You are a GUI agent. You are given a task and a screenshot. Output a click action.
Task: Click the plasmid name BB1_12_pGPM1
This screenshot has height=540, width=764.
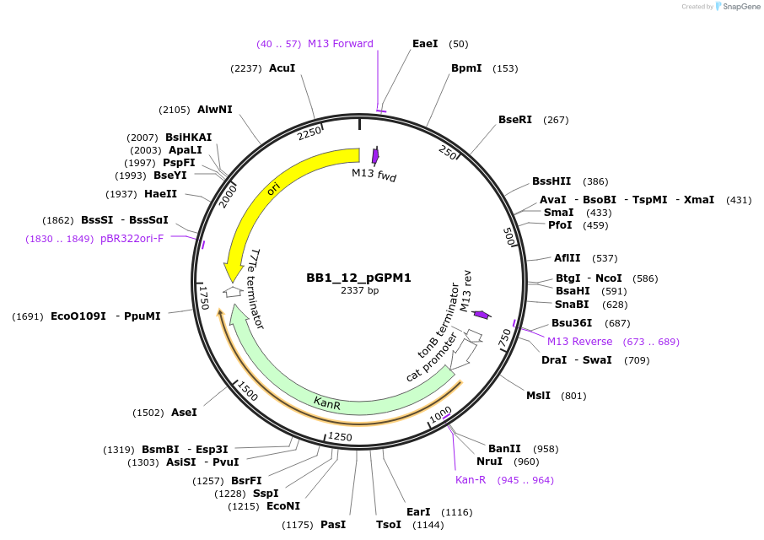click(x=358, y=278)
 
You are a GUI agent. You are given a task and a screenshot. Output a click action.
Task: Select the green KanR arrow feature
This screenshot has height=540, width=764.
click(x=328, y=402)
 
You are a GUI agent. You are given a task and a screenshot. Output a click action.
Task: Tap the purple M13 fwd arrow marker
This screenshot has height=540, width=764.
click(x=375, y=155)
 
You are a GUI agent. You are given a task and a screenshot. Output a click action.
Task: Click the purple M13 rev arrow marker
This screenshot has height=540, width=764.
click(x=481, y=315)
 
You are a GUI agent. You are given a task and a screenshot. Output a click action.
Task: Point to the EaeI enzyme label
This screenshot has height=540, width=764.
click(x=425, y=44)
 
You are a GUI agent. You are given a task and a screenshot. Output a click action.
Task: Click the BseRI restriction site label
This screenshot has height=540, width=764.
click(x=515, y=120)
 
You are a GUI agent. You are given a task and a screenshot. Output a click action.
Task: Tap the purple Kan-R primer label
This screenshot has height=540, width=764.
click(x=471, y=480)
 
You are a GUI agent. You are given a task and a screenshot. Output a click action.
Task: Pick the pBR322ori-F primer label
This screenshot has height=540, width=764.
click(x=133, y=239)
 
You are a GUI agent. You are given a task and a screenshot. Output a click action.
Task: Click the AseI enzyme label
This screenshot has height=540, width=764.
click(x=184, y=413)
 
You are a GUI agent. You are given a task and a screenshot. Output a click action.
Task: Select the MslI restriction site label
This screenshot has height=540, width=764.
click(x=538, y=396)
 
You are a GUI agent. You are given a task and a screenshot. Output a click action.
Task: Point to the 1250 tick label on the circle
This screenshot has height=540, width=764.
click(x=340, y=436)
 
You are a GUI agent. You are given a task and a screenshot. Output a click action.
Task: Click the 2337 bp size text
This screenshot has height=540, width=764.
click(x=358, y=291)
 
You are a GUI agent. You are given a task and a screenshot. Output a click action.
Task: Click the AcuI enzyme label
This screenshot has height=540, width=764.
click(x=282, y=68)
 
